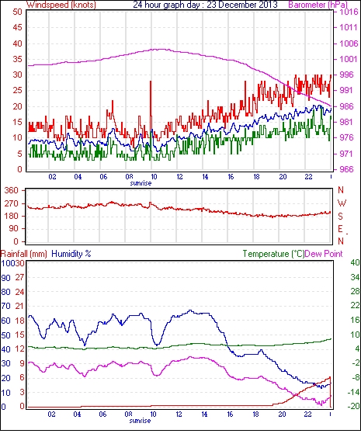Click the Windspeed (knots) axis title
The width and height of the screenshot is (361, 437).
(x=61, y=5)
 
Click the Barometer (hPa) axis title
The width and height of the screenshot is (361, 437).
(x=318, y=5)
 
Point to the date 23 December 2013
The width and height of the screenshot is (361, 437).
(x=242, y=5)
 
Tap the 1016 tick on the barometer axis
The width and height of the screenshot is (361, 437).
(x=349, y=12)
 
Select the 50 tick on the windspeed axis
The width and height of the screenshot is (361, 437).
(x=17, y=12)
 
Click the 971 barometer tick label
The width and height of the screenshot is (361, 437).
(x=346, y=154)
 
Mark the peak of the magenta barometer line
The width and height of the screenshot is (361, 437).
(x=160, y=50)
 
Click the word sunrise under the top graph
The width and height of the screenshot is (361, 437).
(x=141, y=183)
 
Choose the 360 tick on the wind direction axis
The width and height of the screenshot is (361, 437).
(x=12, y=191)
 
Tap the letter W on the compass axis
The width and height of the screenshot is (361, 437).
(x=342, y=203)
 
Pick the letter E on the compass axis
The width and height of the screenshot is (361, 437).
(x=340, y=229)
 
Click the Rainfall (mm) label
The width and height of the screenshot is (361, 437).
(x=24, y=254)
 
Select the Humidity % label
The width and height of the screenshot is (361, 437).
(x=71, y=254)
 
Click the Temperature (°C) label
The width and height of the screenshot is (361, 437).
(x=273, y=254)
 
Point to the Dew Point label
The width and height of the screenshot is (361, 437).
(x=324, y=254)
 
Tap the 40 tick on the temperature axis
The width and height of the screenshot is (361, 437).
(x=355, y=262)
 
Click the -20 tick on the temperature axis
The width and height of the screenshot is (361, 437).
(x=353, y=407)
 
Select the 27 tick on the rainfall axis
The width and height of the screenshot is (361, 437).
(x=19, y=278)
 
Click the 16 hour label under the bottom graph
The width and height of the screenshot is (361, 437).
(x=230, y=414)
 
